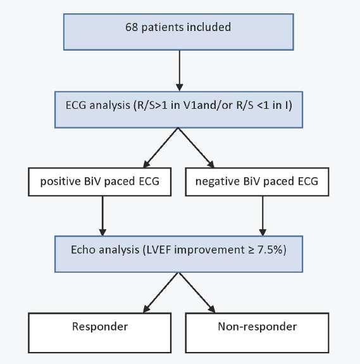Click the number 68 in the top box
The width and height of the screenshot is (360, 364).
coord(132,27)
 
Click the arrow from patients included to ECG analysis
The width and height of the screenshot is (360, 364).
coord(180,70)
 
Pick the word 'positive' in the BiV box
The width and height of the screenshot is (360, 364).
coord(61,182)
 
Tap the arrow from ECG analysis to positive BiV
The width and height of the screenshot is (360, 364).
coord(161,147)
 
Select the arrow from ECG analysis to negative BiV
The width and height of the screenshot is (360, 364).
coord(196,147)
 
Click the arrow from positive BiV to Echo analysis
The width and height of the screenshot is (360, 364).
coord(102,216)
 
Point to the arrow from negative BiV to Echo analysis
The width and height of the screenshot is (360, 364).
coord(263,216)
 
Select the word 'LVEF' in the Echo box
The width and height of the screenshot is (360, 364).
coord(159,250)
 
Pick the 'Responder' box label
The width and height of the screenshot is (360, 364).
coord(100,327)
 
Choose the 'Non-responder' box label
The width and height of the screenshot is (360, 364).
coord(258,327)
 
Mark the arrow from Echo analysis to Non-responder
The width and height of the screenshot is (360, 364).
coord(197,292)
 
